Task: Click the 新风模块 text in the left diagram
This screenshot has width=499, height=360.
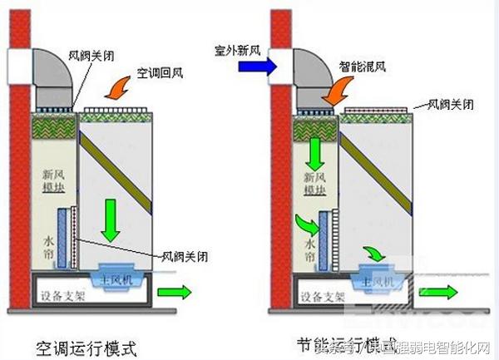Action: (56, 182)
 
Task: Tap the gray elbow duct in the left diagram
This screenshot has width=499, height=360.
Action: (53, 71)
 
